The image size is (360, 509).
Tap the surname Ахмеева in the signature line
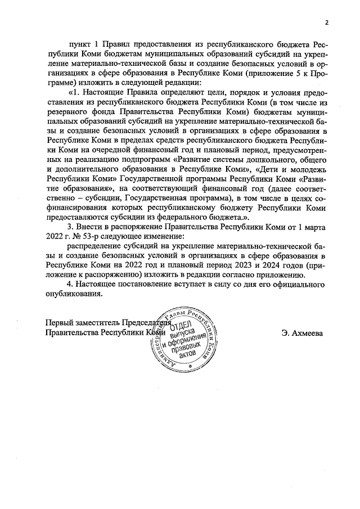pyautogui.click(x=303, y=332)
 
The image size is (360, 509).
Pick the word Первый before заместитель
pyautogui.click(x=58, y=323)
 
